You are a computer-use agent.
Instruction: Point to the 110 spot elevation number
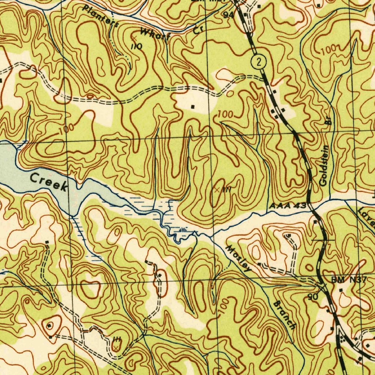(137, 46)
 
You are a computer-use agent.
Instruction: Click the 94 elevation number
(229, 15)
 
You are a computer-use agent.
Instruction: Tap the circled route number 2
(259, 62)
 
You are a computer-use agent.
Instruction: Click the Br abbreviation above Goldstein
(328, 122)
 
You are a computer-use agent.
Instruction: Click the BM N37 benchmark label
(349, 280)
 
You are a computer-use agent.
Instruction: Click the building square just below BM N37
(341, 290)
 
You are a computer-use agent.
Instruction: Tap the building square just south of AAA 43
(315, 222)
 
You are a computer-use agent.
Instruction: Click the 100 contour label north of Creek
(66, 128)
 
